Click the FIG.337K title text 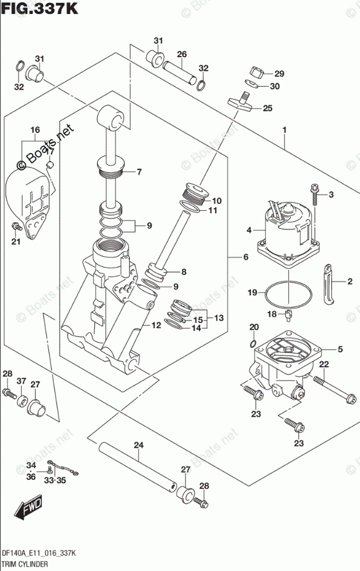(x=40, y=8)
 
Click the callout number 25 (x=268, y=108)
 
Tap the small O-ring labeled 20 (x=254, y=343)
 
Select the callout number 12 (x=156, y=325)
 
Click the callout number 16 (x=35, y=130)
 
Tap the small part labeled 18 (x=290, y=316)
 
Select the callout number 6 (x=246, y=257)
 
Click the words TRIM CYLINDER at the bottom (x=25, y=564)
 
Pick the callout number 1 (x=284, y=130)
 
